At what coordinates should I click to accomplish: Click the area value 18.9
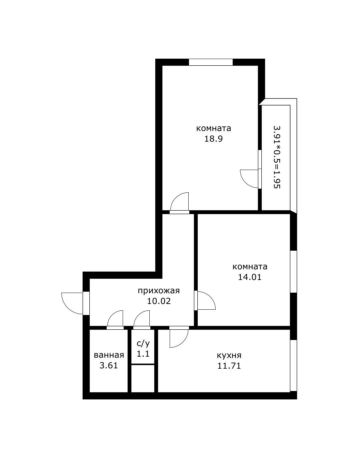pos(214,139)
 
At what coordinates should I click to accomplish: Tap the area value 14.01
pos(250,277)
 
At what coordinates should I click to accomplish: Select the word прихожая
pos(159,291)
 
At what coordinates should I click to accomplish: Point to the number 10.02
pos(159,301)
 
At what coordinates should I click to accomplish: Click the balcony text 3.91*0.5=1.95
pos(277,157)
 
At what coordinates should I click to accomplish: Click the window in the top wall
pos(211,62)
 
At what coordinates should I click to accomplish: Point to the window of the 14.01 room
pos(293,271)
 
